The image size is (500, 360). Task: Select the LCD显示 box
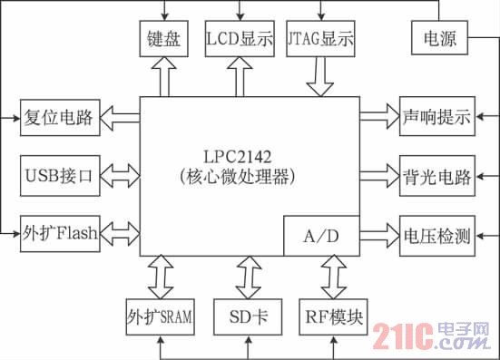(239, 40)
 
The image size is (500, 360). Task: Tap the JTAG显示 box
(319, 40)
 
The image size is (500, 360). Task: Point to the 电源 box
(440, 40)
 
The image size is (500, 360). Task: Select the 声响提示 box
(437, 116)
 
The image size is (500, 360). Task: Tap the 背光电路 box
(437, 175)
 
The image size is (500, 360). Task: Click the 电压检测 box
(437, 236)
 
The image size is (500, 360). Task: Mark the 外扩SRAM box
(159, 319)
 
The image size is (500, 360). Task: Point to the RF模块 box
(333, 319)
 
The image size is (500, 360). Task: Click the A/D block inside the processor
(322, 236)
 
